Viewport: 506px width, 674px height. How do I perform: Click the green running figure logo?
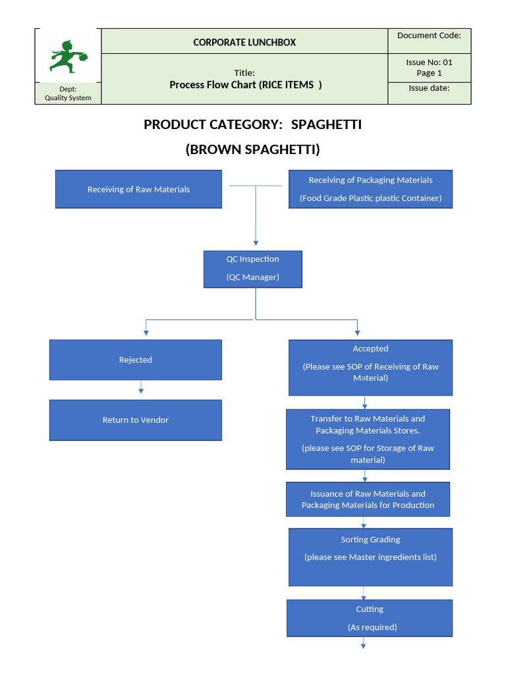(x=68, y=57)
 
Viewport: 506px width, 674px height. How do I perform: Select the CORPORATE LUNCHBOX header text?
(x=244, y=42)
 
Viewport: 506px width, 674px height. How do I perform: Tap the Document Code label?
(x=429, y=36)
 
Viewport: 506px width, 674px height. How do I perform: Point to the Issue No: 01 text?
(x=429, y=62)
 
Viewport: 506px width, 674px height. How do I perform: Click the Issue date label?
(x=429, y=88)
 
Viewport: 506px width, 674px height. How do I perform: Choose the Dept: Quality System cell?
(x=68, y=93)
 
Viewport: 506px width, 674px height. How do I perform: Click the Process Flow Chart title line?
(x=245, y=84)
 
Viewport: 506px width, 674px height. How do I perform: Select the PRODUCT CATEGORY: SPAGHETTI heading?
(x=252, y=124)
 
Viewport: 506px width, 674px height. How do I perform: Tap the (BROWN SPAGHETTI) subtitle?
(x=252, y=149)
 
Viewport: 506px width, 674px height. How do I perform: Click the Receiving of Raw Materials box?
(x=138, y=190)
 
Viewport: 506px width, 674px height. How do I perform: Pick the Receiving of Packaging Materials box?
(x=370, y=189)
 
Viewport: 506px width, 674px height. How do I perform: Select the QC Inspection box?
(x=252, y=269)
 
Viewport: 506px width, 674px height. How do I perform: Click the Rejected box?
(x=135, y=359)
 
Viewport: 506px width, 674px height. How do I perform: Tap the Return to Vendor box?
(x=135, y=420)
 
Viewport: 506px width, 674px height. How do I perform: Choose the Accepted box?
(x=370, y=367)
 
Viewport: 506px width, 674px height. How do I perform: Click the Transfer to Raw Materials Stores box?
(x=368, y=439)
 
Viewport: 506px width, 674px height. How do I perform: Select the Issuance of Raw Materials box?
(x=368, y=500)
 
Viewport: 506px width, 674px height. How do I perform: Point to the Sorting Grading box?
(x=370, y=557)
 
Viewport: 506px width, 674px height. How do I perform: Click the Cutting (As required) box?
(x=370, y=618)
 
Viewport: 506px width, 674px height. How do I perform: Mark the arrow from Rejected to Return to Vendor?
(x=140, y=390)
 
